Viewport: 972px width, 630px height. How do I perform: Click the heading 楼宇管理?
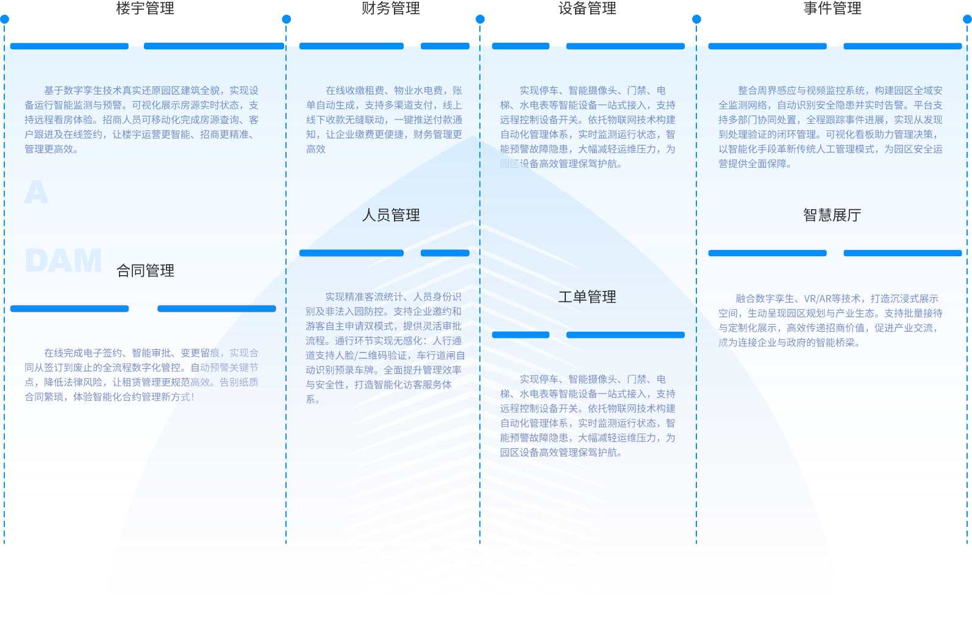pos(145,9)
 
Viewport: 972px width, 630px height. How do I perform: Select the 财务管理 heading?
pos(391,9)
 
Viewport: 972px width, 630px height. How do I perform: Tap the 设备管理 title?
pos(587,9)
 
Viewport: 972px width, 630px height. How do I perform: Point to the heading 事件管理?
pos(832,9)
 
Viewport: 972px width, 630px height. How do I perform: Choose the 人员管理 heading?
pos(391,215)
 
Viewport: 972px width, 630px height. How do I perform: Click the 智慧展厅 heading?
pos(832,215)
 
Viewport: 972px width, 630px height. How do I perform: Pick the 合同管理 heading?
pos(145,271)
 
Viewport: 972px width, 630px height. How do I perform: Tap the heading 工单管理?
pos(587,297)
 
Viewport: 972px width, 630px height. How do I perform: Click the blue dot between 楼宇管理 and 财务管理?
pos(286,20)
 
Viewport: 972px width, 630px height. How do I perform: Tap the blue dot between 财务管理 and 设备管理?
pos(480,20)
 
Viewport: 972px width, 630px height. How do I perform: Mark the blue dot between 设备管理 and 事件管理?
pos(696,20)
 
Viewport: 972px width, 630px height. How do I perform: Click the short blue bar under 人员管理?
pos(445,253)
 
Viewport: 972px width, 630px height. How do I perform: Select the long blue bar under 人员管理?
pos(351,253)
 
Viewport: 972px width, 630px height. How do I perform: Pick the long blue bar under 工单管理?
pos(625,335)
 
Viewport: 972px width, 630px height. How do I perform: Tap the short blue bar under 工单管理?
pos(521,335)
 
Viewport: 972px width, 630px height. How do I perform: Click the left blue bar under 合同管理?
pos(70,309)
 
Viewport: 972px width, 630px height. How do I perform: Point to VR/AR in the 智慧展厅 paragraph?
pos(823,299)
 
